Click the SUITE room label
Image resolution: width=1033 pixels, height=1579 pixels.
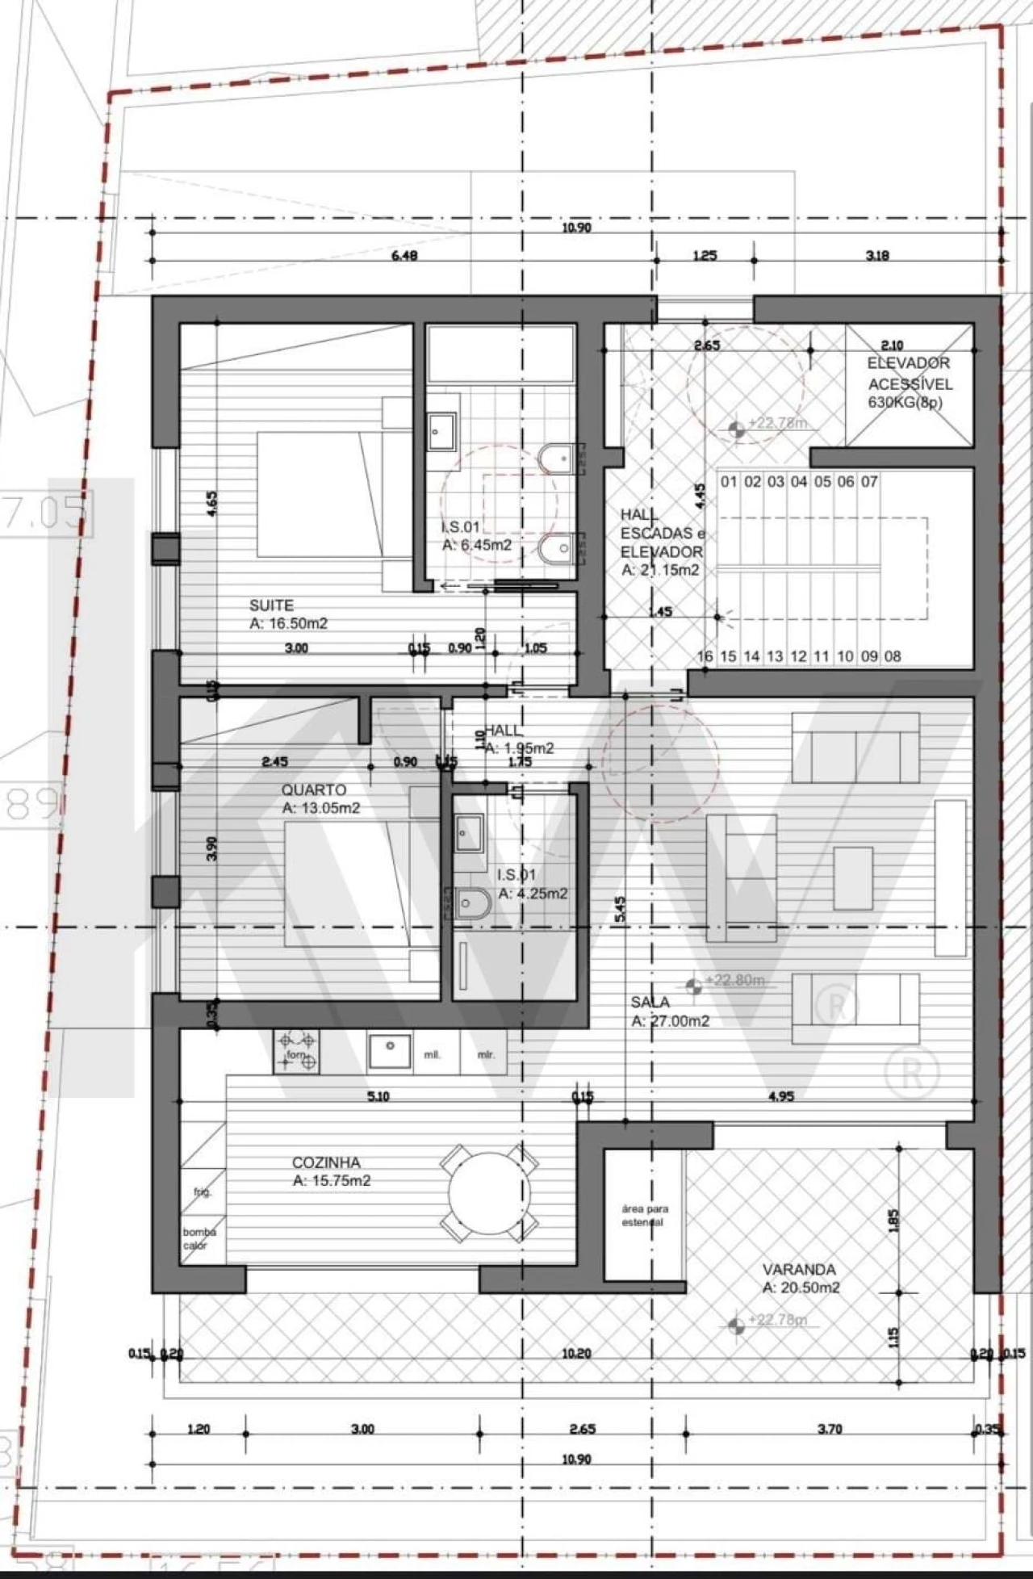(271, 605)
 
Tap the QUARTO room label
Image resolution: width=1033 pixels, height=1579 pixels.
(314, 789)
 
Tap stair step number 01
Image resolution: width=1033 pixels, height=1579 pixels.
(729, 482)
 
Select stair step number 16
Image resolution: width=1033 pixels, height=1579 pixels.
(705, 655)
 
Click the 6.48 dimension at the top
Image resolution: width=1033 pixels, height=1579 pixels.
(404, 256)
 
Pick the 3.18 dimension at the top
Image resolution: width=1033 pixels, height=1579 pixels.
(877, 256)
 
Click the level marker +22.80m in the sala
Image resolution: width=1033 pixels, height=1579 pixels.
(734, 980)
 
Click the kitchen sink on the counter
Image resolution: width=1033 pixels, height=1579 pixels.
(390, 1050)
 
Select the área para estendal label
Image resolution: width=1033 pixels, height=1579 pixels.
(645, 1216)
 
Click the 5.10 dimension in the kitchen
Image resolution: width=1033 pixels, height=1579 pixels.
(378, 1096)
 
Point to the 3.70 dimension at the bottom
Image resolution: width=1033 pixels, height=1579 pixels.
(829, 1429)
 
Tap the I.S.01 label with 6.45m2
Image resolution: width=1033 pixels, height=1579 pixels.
(476, 536)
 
